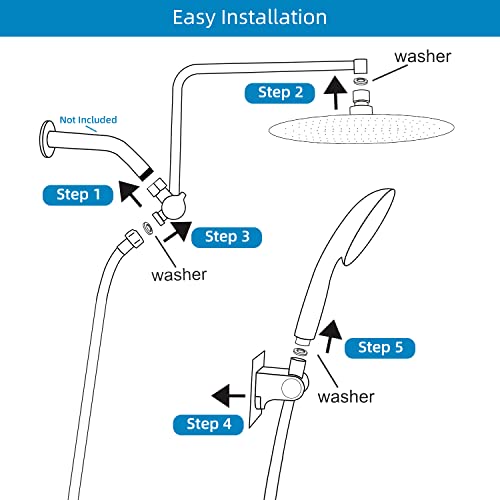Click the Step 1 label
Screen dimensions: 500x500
pyautogui.click(x=78, y=195)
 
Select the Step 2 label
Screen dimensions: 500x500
pyautogui.click(x=280, y=93)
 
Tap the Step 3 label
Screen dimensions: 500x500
pyautogui.click(x=227, y=237)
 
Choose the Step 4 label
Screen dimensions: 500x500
pyautogui.click(x=208, y=424)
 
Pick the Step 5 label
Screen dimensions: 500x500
pyautogui.click(x=380, y=348)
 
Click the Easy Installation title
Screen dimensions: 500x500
pyautogui.click(x=250, y=17)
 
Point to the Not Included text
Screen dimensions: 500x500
pyautogui.click(x=88, y=120)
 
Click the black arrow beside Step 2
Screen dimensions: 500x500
pyautogui.click(x=335, y=93)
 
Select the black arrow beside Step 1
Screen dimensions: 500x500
pyautogui.click(x=130, y=193)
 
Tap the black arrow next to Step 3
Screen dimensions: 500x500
pyautogui.click(x=178, y=232)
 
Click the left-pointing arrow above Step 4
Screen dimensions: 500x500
pyautogui.click(x=228, y=396)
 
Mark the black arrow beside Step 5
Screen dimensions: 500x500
pyautogui.click(x=330, y=336)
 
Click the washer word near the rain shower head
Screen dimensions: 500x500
pyautogui.click(x=423, y=57)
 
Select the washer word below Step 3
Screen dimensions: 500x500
pyautogui.click(x=179, y=275)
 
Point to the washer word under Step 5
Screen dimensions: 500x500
pyautogui.click(x=346, y=397)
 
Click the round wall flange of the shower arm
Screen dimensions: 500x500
pyautogui.click(x=47, y=139)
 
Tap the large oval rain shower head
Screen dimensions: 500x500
pyautogui.click(x=361, y=128)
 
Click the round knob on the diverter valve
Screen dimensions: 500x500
pyautogui.click(x=173, y=207)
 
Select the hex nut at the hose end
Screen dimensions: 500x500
pyautogui.click(x=134, y=239)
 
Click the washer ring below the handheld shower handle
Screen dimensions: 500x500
pyautogui.click(x=299, y=352)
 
